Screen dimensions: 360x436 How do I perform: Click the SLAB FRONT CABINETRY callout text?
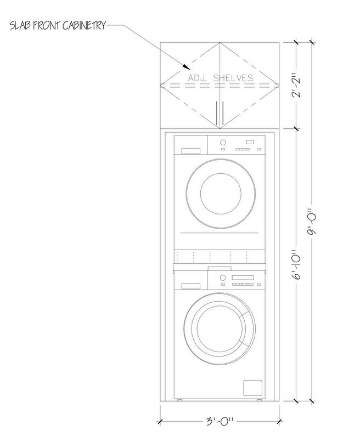click(58, 25)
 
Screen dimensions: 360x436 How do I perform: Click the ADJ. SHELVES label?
click(221, 78)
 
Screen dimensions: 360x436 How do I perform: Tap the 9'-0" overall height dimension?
click(312, 222)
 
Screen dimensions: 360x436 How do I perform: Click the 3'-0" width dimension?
click(220, 421)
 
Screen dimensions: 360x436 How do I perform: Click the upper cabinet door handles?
click(220, 113)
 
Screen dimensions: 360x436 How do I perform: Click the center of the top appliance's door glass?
click(221, 194)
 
